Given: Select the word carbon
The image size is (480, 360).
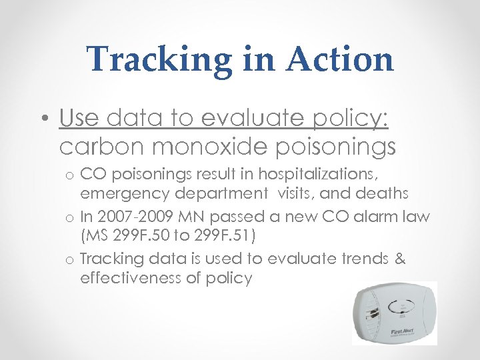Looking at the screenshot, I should [x=101, y=146].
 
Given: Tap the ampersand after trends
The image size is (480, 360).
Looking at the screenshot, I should [x=400, y=259].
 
